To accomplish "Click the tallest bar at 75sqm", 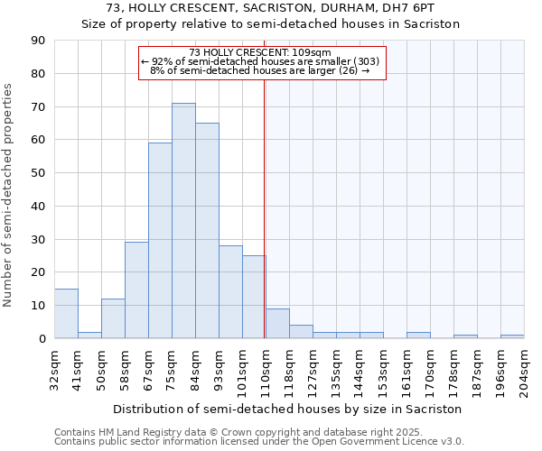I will [x=183, y=221].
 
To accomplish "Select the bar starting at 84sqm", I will [x=207, y=231].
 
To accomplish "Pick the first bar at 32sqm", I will [x=66, y=314].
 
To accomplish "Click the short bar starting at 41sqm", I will [x=89, y=335].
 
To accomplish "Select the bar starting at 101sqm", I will [x=254, y=297].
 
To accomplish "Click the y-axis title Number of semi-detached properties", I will [x=9, y=195].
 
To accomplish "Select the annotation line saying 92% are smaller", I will [x=260, y=61].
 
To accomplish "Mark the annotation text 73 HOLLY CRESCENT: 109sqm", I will [x=260, y=52].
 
